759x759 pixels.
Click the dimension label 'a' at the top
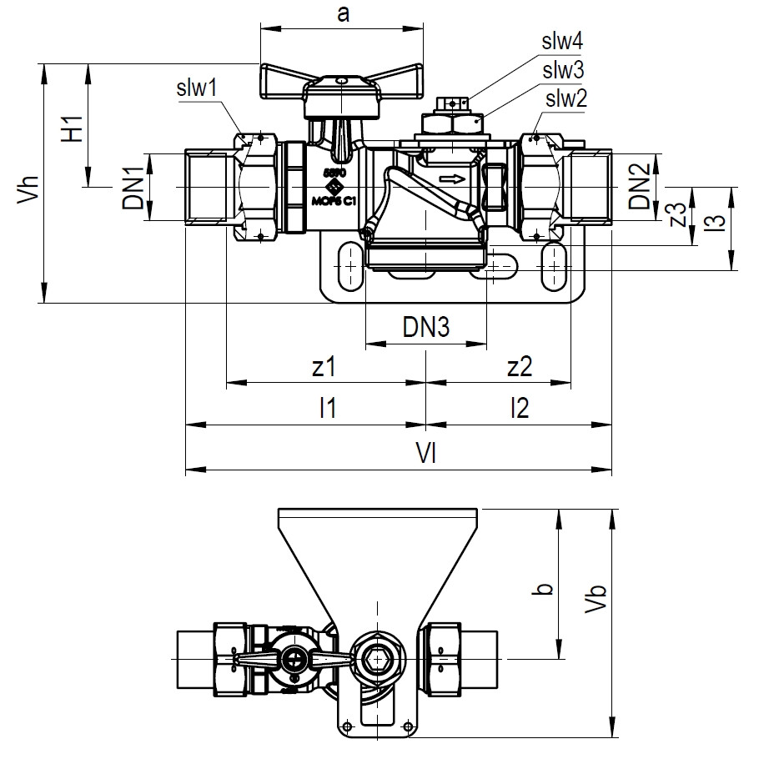[x=342, y=14]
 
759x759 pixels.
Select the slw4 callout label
[x=565, y=42]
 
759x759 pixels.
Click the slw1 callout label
[x=197, y=87]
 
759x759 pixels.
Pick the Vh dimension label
[x=28, y=184]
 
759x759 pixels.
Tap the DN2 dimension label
[x=640, y=188]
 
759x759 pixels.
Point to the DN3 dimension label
[x=426, y=328]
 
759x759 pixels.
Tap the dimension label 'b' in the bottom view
[x=544, y=589]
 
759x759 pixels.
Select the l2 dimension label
[x=519, y=408]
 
